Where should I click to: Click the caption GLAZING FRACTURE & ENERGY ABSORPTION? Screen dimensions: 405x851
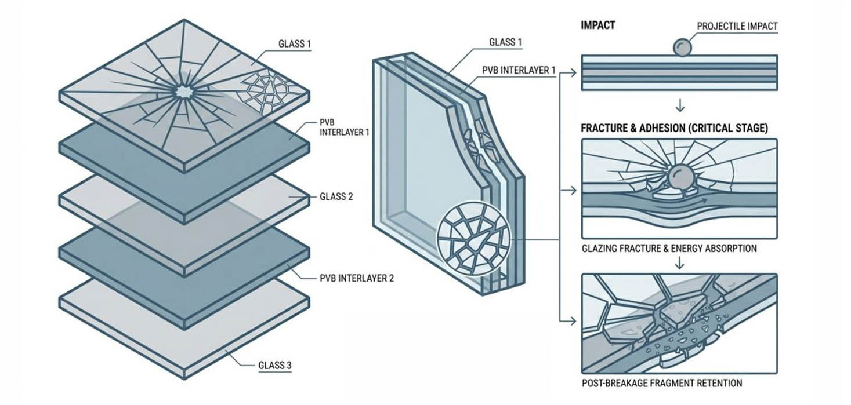(x=669, y=249)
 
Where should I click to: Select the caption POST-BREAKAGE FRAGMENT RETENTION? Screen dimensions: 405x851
(x=662, y=383)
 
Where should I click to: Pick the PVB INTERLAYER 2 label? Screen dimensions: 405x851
(x=357, y=278)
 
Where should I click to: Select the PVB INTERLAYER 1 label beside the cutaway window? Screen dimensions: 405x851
(x=519, y=70)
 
